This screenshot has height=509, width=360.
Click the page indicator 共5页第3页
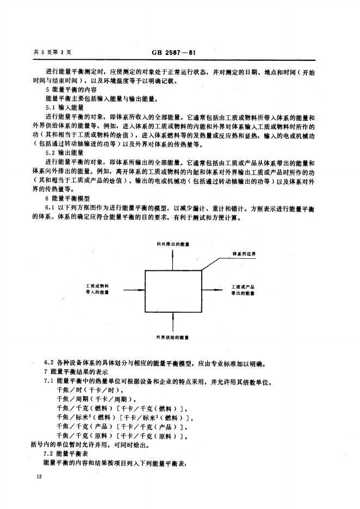[53, 53]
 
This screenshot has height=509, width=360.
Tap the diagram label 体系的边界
[244, 254]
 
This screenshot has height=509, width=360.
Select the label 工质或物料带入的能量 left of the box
[98, 289]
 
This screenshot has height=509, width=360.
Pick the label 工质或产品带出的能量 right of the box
[243, 289]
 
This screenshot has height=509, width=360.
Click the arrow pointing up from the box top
[172, 260]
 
